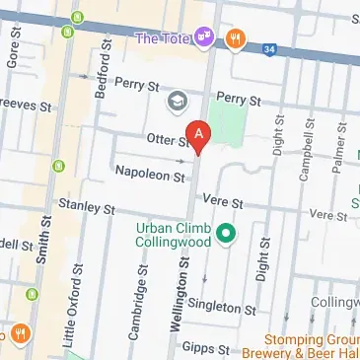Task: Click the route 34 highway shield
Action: [270, 45]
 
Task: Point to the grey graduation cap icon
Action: [177, 101]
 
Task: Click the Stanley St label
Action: [87, 208]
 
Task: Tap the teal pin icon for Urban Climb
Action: [225, 234]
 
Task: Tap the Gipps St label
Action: [209, 349]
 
